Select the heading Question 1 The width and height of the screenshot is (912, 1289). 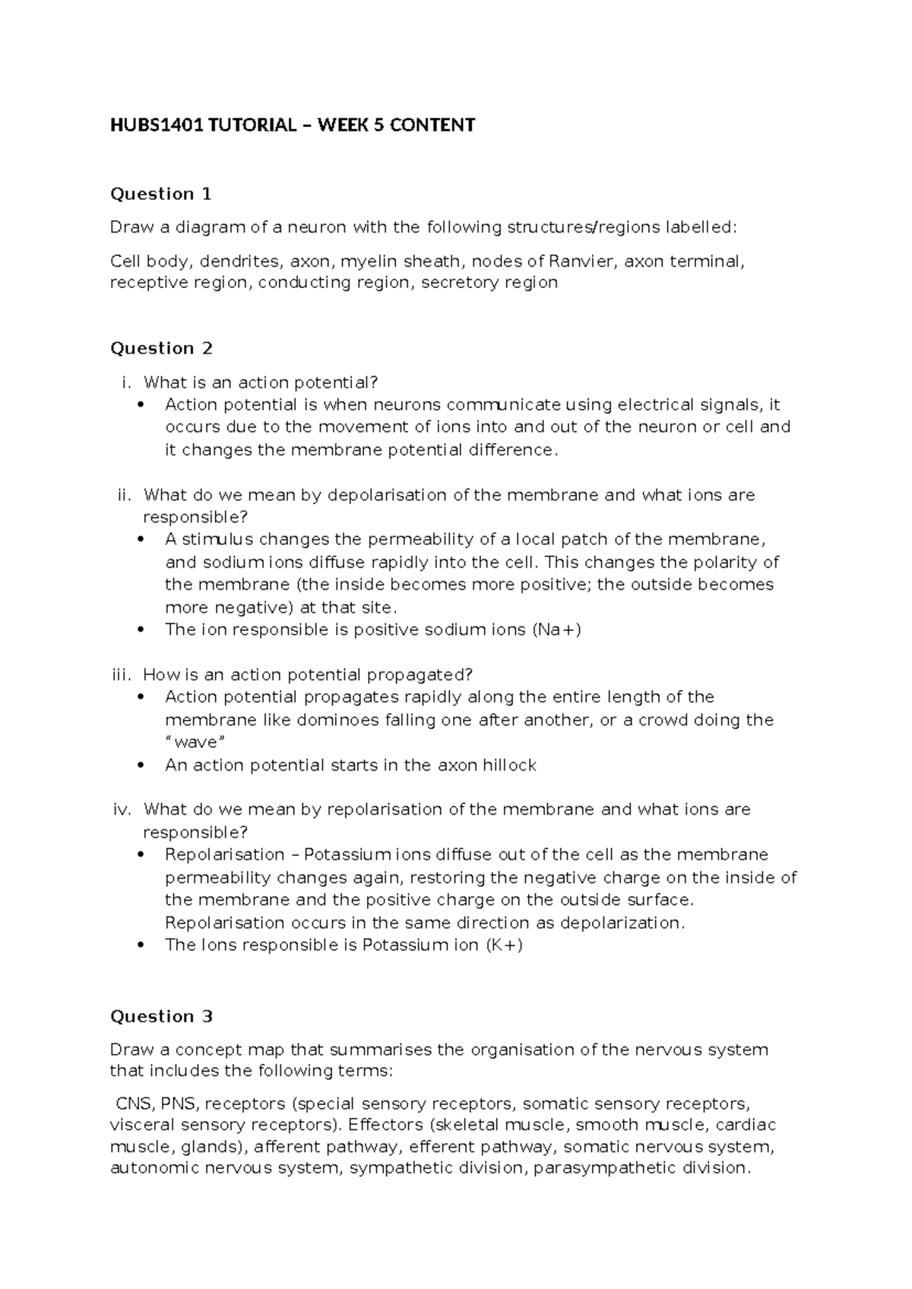(160, 194)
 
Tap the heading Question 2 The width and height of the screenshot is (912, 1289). (161, 348)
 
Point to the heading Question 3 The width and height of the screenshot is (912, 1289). (161, 1016)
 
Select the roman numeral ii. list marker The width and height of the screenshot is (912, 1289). (124, 496)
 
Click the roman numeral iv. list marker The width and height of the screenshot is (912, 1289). (122, 809)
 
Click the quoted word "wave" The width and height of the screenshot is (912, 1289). (195, 743)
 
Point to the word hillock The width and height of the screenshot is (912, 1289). (510, 765)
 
